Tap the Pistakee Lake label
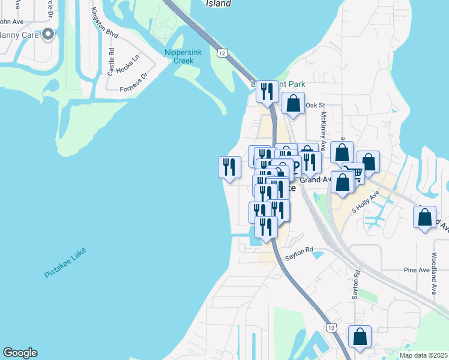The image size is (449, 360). pos(65,263)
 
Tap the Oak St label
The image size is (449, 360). pos(315,106)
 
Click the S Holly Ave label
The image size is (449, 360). pos(367,202)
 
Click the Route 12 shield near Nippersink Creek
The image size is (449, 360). pos(223,54)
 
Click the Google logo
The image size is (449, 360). pos(20,353)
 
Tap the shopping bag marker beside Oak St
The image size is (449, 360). pos(293,103)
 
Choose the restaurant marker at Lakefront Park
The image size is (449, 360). pos(267,92)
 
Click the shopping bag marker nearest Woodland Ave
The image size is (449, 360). pos(424,217)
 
